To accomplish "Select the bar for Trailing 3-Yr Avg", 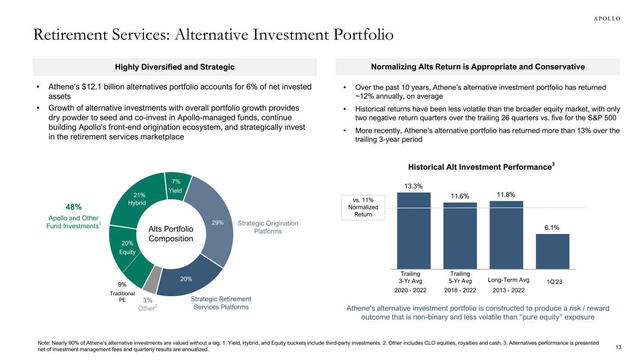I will pos(414,230).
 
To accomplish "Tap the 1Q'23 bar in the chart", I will pos(552,251).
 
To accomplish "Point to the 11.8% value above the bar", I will pos(506,194).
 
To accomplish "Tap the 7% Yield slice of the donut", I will pos(177,186).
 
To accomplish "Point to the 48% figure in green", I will pos(74,207).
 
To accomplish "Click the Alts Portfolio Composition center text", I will pos(171,233).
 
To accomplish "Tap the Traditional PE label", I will pos(122,296).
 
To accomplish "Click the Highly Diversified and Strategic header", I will pos(174,67).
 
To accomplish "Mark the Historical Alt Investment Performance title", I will pos(480,167).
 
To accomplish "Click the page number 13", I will pos(618,347).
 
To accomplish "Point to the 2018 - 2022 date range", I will pos(460,290).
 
